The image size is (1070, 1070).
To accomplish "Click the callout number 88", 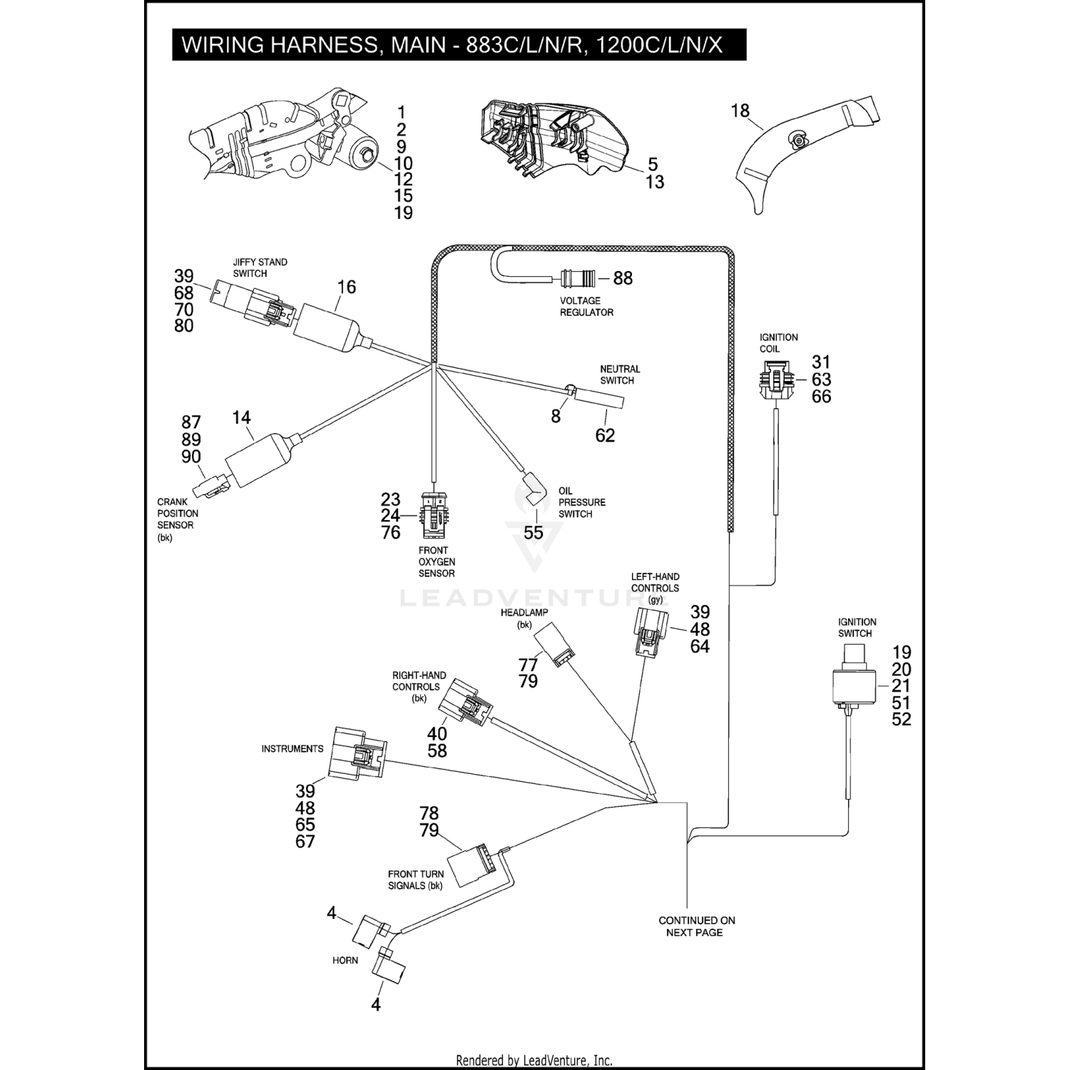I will (623, 278).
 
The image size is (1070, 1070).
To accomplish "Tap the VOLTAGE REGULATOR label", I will (586, 307).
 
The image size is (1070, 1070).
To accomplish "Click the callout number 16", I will (346, 287).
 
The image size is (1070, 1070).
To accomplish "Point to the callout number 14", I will (242, 417).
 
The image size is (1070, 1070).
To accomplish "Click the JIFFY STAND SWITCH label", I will (260, 267).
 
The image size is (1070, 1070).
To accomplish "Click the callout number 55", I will (534, 533).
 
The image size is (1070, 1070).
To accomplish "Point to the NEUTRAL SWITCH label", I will (619, 374).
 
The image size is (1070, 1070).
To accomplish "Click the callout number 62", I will (605, 435).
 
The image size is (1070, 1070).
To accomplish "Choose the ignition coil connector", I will (775, 380).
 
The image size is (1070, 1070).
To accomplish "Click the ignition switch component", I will (852, 683).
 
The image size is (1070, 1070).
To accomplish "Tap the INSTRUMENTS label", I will (292, 749).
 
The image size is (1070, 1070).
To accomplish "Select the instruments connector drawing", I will (357, 753).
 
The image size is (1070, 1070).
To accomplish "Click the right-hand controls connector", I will (466, 703).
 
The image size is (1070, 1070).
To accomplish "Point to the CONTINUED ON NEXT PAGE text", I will (696, 927).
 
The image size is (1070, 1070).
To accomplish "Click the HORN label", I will (345, 960).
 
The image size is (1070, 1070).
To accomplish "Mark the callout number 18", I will (740, 111).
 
